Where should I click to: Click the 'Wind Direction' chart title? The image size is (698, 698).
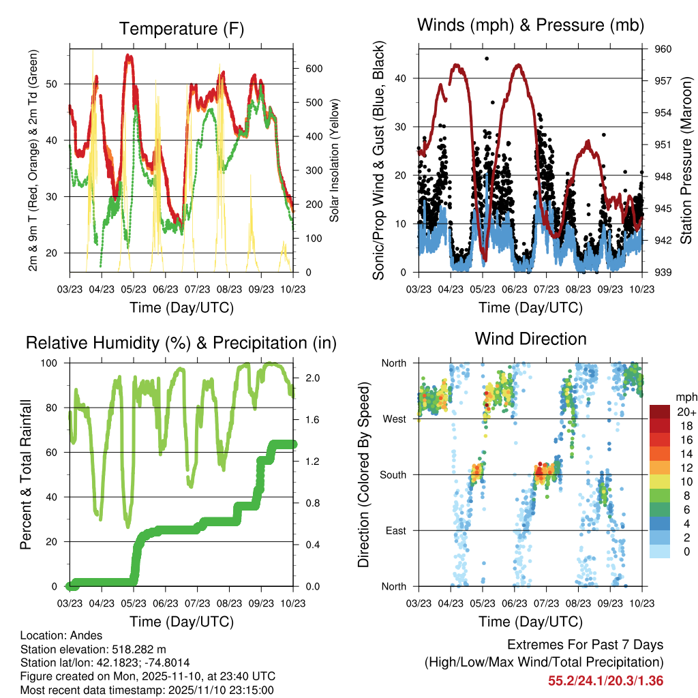530,338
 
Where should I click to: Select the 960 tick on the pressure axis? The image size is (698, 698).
664,49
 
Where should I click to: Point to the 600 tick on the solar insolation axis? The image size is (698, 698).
313,69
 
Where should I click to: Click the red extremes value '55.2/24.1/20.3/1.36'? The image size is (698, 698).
605,680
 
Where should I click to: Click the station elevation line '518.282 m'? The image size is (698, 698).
93,649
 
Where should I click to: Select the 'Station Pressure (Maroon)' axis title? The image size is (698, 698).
686,160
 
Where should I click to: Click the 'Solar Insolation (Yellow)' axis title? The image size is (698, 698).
335,161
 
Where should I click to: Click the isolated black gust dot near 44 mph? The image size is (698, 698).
487,59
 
